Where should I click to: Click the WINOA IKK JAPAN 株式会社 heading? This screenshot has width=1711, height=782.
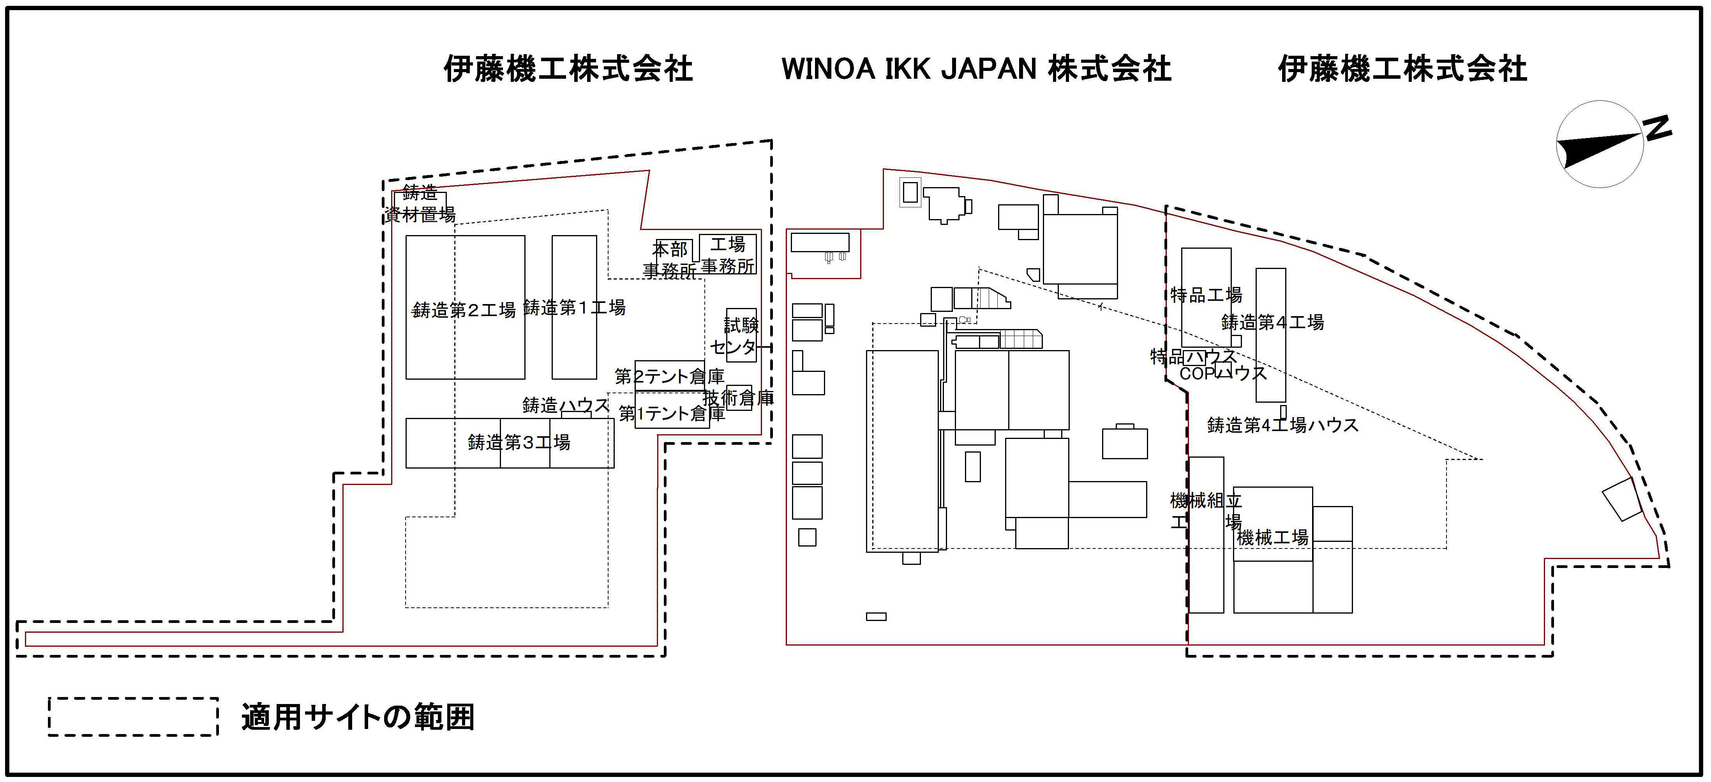pyautogui.click(x=976, y=69)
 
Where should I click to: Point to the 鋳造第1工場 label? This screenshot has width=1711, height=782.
pyautogui.click(x=575, y=308)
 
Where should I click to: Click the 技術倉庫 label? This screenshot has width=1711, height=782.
pyautogui.click(x=739, y=398)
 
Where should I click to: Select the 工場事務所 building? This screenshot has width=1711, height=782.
pyautogui.click(x=728, y=255)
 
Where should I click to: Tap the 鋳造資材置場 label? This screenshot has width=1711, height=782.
pyautogui.click(x=420, y=204)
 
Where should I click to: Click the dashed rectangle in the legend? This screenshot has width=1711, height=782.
pyautogui.click(x=133, y=717)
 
